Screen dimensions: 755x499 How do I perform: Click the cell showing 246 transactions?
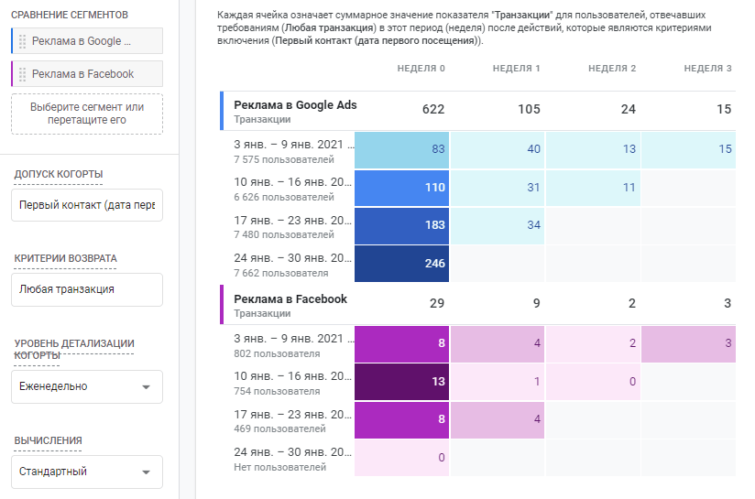pyautogui.click(x=401, y=264)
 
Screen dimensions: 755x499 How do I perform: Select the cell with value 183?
pyautogui.click(x=401, y=225)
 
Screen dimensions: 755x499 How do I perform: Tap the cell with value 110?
pyautogui.click(x=401, y=188)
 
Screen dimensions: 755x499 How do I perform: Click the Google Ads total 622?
pyautogui.click(x=433, y=109)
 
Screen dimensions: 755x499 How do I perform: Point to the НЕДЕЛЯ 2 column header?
pyautogui.click(x=612, y=69)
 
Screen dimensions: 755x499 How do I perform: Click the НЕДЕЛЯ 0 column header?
pyautogui.click(x=421, y=69)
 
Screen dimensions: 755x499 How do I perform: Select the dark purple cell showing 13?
pyautogui.click(x=401, y=382)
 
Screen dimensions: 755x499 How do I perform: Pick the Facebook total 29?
pyautogui.click(x=437, y=303)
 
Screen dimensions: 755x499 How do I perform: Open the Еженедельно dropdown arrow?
pyautogui.click(x=147, y=387)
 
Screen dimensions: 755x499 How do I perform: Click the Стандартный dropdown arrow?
pyautogui.click(x=147, y=472)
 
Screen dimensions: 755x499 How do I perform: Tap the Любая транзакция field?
pyautogui.click(x=87, y=289)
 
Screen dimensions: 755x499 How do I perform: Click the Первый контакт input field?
pyautogui.click(x=87, y=205)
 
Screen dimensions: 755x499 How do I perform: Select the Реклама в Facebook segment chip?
pyautogui.click(x=87, y=73)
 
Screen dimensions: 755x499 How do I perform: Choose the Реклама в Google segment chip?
pyautogui.click(x=87, y=41)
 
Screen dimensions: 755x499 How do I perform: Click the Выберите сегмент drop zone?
pyautogui.click(x=87, y=114)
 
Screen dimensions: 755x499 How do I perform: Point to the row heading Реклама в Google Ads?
pyautogui.click(x=295, y=105)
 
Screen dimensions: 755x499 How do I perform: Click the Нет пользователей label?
pyautogui.click(x=279, y=467)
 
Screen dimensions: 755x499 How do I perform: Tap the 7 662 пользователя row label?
pyautogui.click(x=281, y=274)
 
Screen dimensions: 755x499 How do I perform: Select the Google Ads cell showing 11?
pyautogui.click(x=629, y=188)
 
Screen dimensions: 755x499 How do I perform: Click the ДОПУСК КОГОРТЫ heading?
pyautogui.click(x=59, y=174)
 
